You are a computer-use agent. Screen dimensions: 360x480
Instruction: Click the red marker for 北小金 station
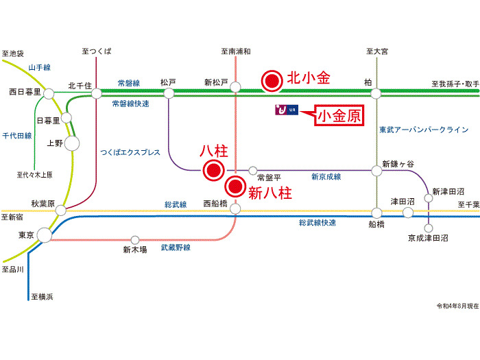coord(273,81)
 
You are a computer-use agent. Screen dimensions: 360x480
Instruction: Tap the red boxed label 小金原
coord(338,115)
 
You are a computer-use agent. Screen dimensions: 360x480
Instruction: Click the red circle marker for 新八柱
coord(236,185)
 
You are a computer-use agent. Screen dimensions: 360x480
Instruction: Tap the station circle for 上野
coord(71,143)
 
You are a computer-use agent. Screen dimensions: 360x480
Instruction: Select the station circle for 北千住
coord(97,93)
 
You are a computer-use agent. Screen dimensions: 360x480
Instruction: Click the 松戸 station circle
coord(169,93)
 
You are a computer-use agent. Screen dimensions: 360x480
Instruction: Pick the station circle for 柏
coord(376,93)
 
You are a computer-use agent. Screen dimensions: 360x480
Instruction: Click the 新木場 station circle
coord(135,240)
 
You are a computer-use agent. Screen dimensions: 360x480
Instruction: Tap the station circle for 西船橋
coord(236,208)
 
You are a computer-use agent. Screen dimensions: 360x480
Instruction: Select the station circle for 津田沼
coord(408,213)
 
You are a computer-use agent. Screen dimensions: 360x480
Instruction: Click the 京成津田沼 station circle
coord(429,228)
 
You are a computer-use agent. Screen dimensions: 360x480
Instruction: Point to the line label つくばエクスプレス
coord(130,152)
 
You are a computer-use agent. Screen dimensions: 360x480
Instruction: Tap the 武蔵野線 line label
coord(176,248)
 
